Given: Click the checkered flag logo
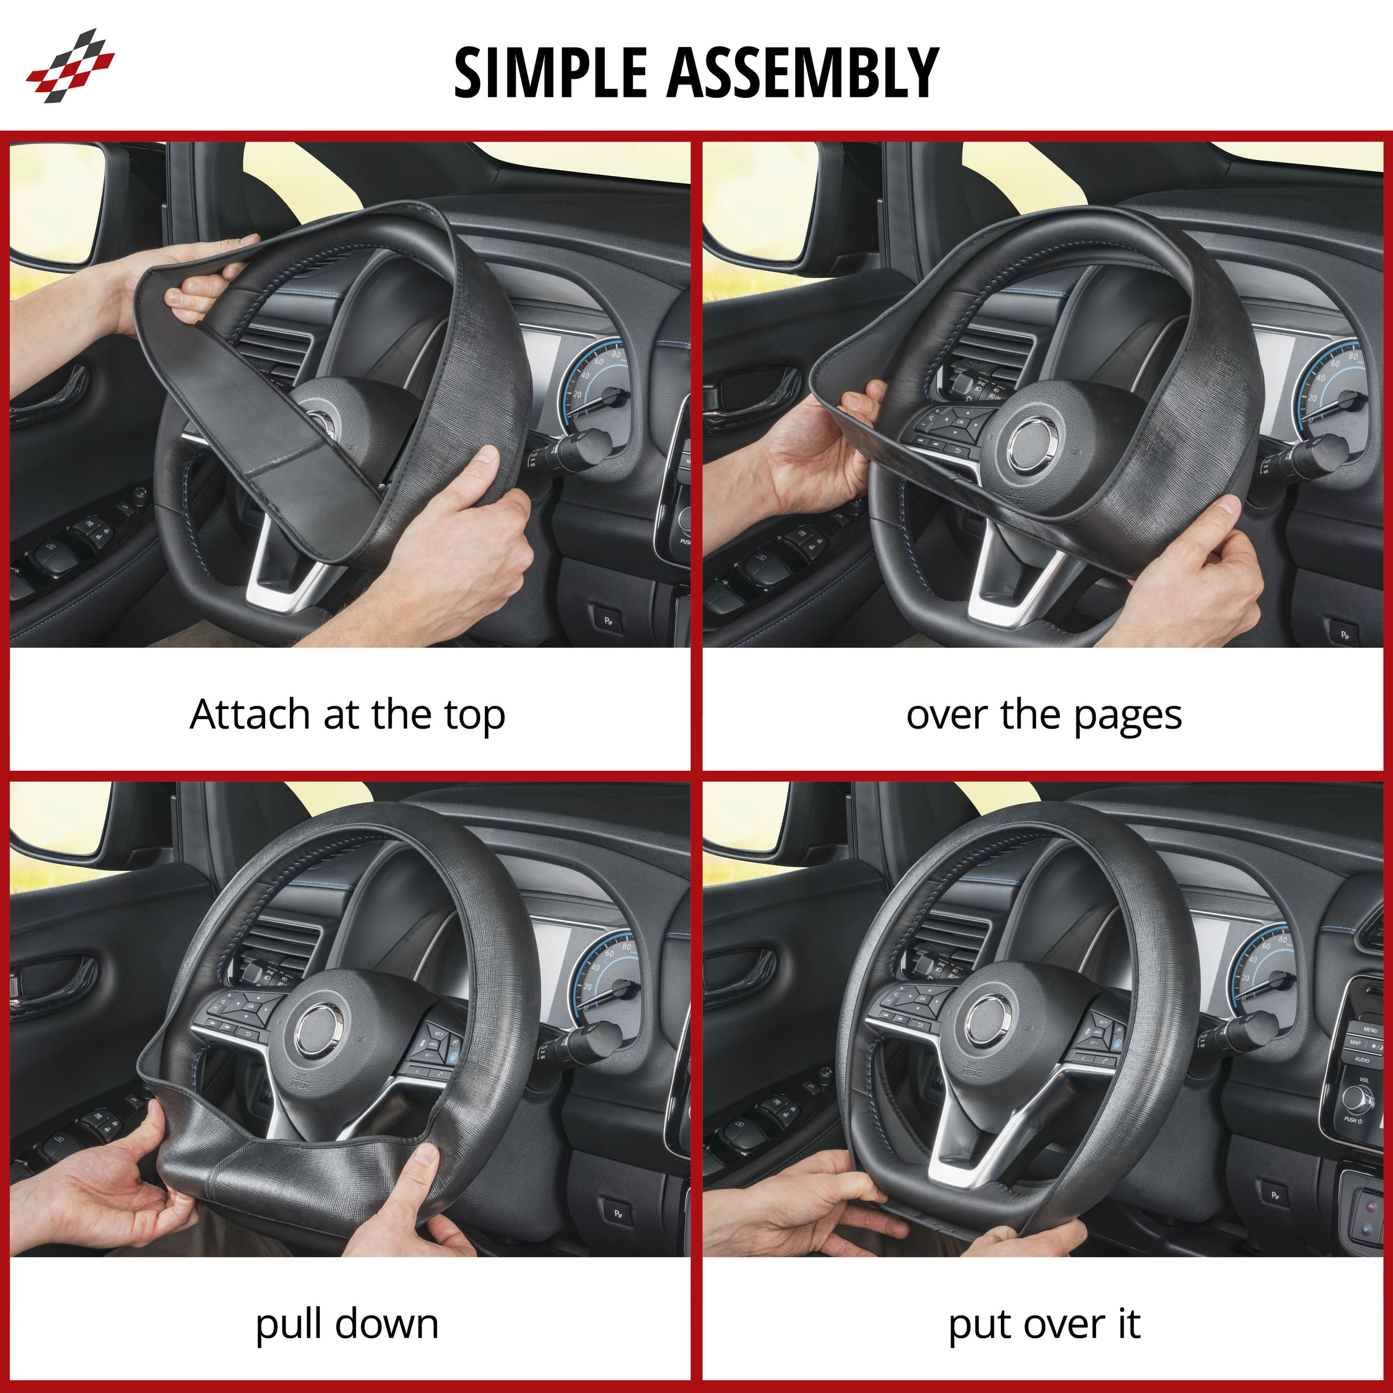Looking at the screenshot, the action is point(70,65).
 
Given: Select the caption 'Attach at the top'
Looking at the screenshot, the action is point(348,716).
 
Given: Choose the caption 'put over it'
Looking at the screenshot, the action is point(1044,1325).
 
